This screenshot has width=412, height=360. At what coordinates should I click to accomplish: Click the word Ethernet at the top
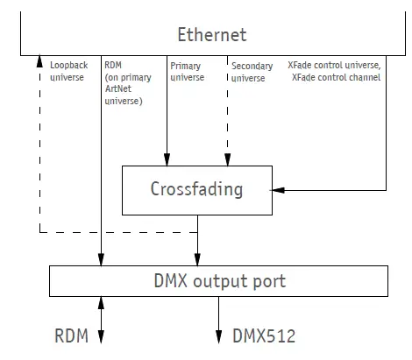click(211, 35)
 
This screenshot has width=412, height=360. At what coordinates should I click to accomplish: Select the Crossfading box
click(197, 188)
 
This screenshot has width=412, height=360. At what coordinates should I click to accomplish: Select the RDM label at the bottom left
click(70, 335)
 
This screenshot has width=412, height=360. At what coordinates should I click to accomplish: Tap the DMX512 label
click(264, 335)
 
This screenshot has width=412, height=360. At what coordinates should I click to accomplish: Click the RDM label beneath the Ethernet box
click(113, 65)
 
